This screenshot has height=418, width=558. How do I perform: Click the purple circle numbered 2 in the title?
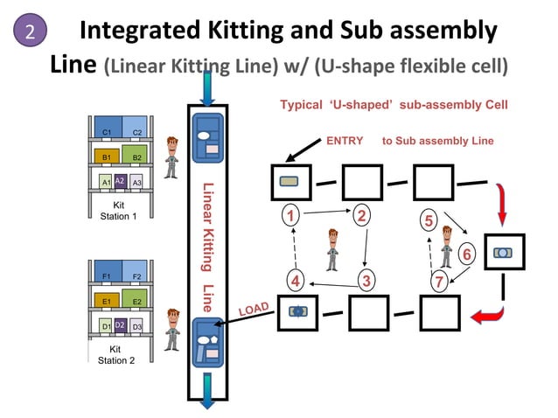30,32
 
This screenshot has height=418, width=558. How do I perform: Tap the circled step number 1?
291,213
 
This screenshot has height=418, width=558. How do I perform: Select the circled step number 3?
366,280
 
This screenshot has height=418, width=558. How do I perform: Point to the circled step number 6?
466,254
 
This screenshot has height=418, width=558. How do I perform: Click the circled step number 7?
441,280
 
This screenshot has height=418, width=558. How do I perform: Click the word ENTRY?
344,141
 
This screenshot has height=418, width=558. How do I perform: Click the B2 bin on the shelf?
136,157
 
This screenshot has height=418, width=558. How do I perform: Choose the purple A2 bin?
121,181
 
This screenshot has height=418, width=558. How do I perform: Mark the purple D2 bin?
121,325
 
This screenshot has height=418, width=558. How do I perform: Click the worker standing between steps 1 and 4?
332,249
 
